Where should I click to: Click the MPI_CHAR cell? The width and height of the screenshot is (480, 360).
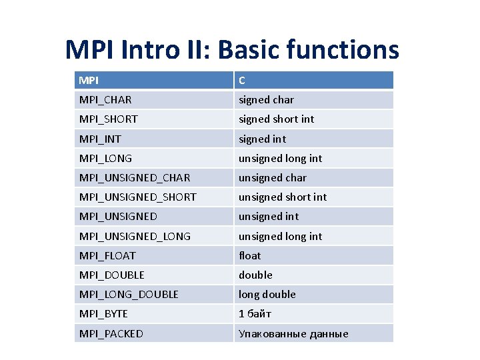(x=105, y=100)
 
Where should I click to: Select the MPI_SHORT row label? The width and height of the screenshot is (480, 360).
(x=108, y=119)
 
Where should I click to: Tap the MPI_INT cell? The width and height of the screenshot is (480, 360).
(x=100, y=139)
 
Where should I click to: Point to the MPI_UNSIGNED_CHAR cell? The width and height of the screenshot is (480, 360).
(x=135, y=178)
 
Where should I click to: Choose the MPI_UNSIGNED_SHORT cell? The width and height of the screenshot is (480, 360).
(x=137, y=197)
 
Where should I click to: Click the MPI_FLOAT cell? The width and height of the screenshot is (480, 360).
(x=107, y=255)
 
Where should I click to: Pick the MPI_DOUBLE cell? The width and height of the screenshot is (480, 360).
(x=111, y=275)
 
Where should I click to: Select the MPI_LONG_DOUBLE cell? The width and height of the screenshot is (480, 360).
(x=129, y=294)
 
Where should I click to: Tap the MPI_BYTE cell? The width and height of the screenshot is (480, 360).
(x=103, y=313)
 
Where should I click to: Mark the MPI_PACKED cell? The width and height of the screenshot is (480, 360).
(x=111, y=333)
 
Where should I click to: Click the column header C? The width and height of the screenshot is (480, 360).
(x=242, y=81)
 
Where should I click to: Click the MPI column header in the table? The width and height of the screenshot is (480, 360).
(x=89, y=81)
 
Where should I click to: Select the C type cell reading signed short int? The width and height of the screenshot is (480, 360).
(x=276, y=119)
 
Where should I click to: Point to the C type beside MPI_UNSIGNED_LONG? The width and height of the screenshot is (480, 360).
(x=280, y=236)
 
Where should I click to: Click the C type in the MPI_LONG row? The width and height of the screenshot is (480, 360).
(x=280, y=159)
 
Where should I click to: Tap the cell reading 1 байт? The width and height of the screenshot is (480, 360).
(x=255, y=313)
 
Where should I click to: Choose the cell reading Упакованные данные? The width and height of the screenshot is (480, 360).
(x=293, y=333)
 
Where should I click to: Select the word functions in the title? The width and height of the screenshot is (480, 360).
(x=349, y=49)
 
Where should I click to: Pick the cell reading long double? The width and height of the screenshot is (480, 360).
(x=267, y=294)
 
